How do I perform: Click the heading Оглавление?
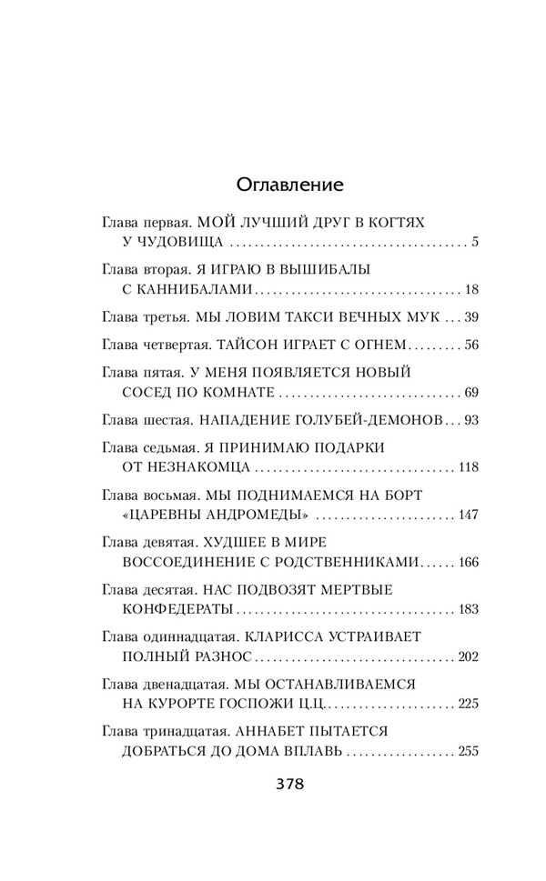coord(289,185)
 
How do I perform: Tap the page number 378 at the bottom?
coord(289,785)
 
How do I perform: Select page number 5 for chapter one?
coord(475,244)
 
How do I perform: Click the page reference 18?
coord(470,291)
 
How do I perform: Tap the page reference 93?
coord(470,420)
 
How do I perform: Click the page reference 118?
coord(468,467)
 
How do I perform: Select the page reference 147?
coord(468,516)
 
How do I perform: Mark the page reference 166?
coord(468,563)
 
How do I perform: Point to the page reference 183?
coord(468,610)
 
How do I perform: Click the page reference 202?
coord(468,657)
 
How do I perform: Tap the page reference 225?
coord(468,705)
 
